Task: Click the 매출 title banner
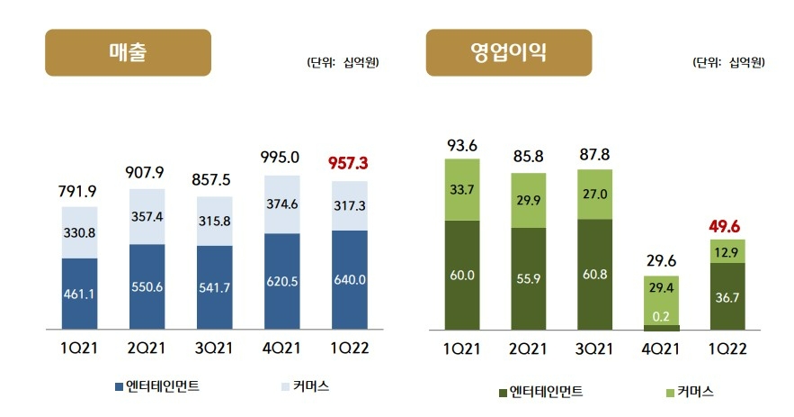pyautogui.click(x=128, y=52)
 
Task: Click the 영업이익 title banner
pyautogui.click(x=508, y=52)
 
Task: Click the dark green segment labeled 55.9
pyautogui.click(x=529, y=278)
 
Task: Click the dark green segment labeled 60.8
pyautogui.click(x=596, y=273)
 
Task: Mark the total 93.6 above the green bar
pyautogui.click(x=461, y=144)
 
